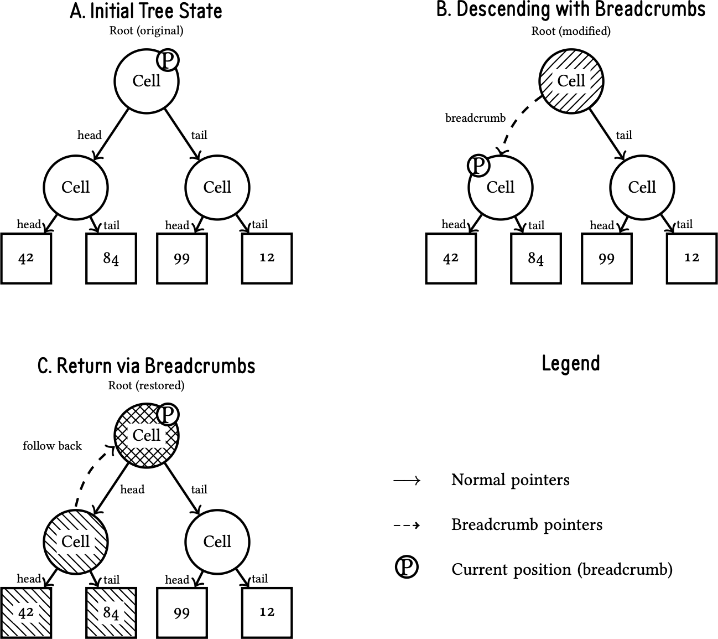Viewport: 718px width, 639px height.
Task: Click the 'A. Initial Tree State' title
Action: [x=146, y=11]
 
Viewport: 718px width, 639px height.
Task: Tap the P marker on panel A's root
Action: [x=168, y=59]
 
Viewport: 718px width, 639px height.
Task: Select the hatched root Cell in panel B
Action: [x=571, y=81]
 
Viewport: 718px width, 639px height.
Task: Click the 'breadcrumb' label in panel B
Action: [x=475, y=118]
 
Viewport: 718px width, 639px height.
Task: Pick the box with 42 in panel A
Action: [x=26, y=258]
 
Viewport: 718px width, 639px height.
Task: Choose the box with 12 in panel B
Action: [x=691, y=258]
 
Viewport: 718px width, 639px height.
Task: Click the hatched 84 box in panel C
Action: [x=111, y=612]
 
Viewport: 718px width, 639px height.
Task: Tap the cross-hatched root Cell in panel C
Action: [x=147, y=435]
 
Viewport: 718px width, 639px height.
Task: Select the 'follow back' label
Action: [x=52, y=446]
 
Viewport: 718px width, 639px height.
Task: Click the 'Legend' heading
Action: [x=571, y=364]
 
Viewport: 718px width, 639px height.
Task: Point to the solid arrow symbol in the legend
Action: [x=407, y=480]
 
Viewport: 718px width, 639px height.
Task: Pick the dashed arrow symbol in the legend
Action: [x=407, y=525]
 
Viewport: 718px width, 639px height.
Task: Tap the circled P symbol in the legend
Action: [x=407, y=568]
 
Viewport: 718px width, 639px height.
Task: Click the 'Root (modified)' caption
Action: [x=571, y=31]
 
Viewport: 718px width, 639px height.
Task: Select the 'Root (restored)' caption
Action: [x=146, y=385]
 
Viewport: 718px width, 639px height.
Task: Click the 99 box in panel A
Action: [x=182, y=258]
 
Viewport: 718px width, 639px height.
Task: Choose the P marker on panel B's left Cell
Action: [x=478, y=165]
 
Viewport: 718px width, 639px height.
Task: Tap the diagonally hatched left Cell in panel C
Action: [x=75, y=541]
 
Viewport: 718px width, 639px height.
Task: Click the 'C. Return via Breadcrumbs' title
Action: [x=146, y=366]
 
